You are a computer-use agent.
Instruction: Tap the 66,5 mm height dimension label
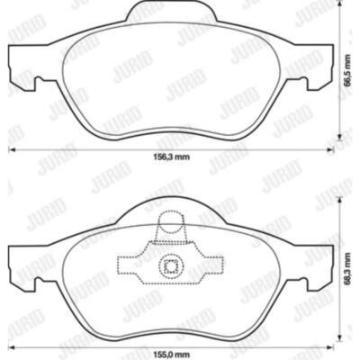pyautogui.click(x=347, y=71)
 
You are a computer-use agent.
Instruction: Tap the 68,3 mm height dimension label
pyautogui.click(x=347, y=270)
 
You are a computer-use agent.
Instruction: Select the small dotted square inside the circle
pyautogui.click(x=171, y=266)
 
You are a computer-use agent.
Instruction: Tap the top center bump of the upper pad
pyautogui.click(x=171, y=12)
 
